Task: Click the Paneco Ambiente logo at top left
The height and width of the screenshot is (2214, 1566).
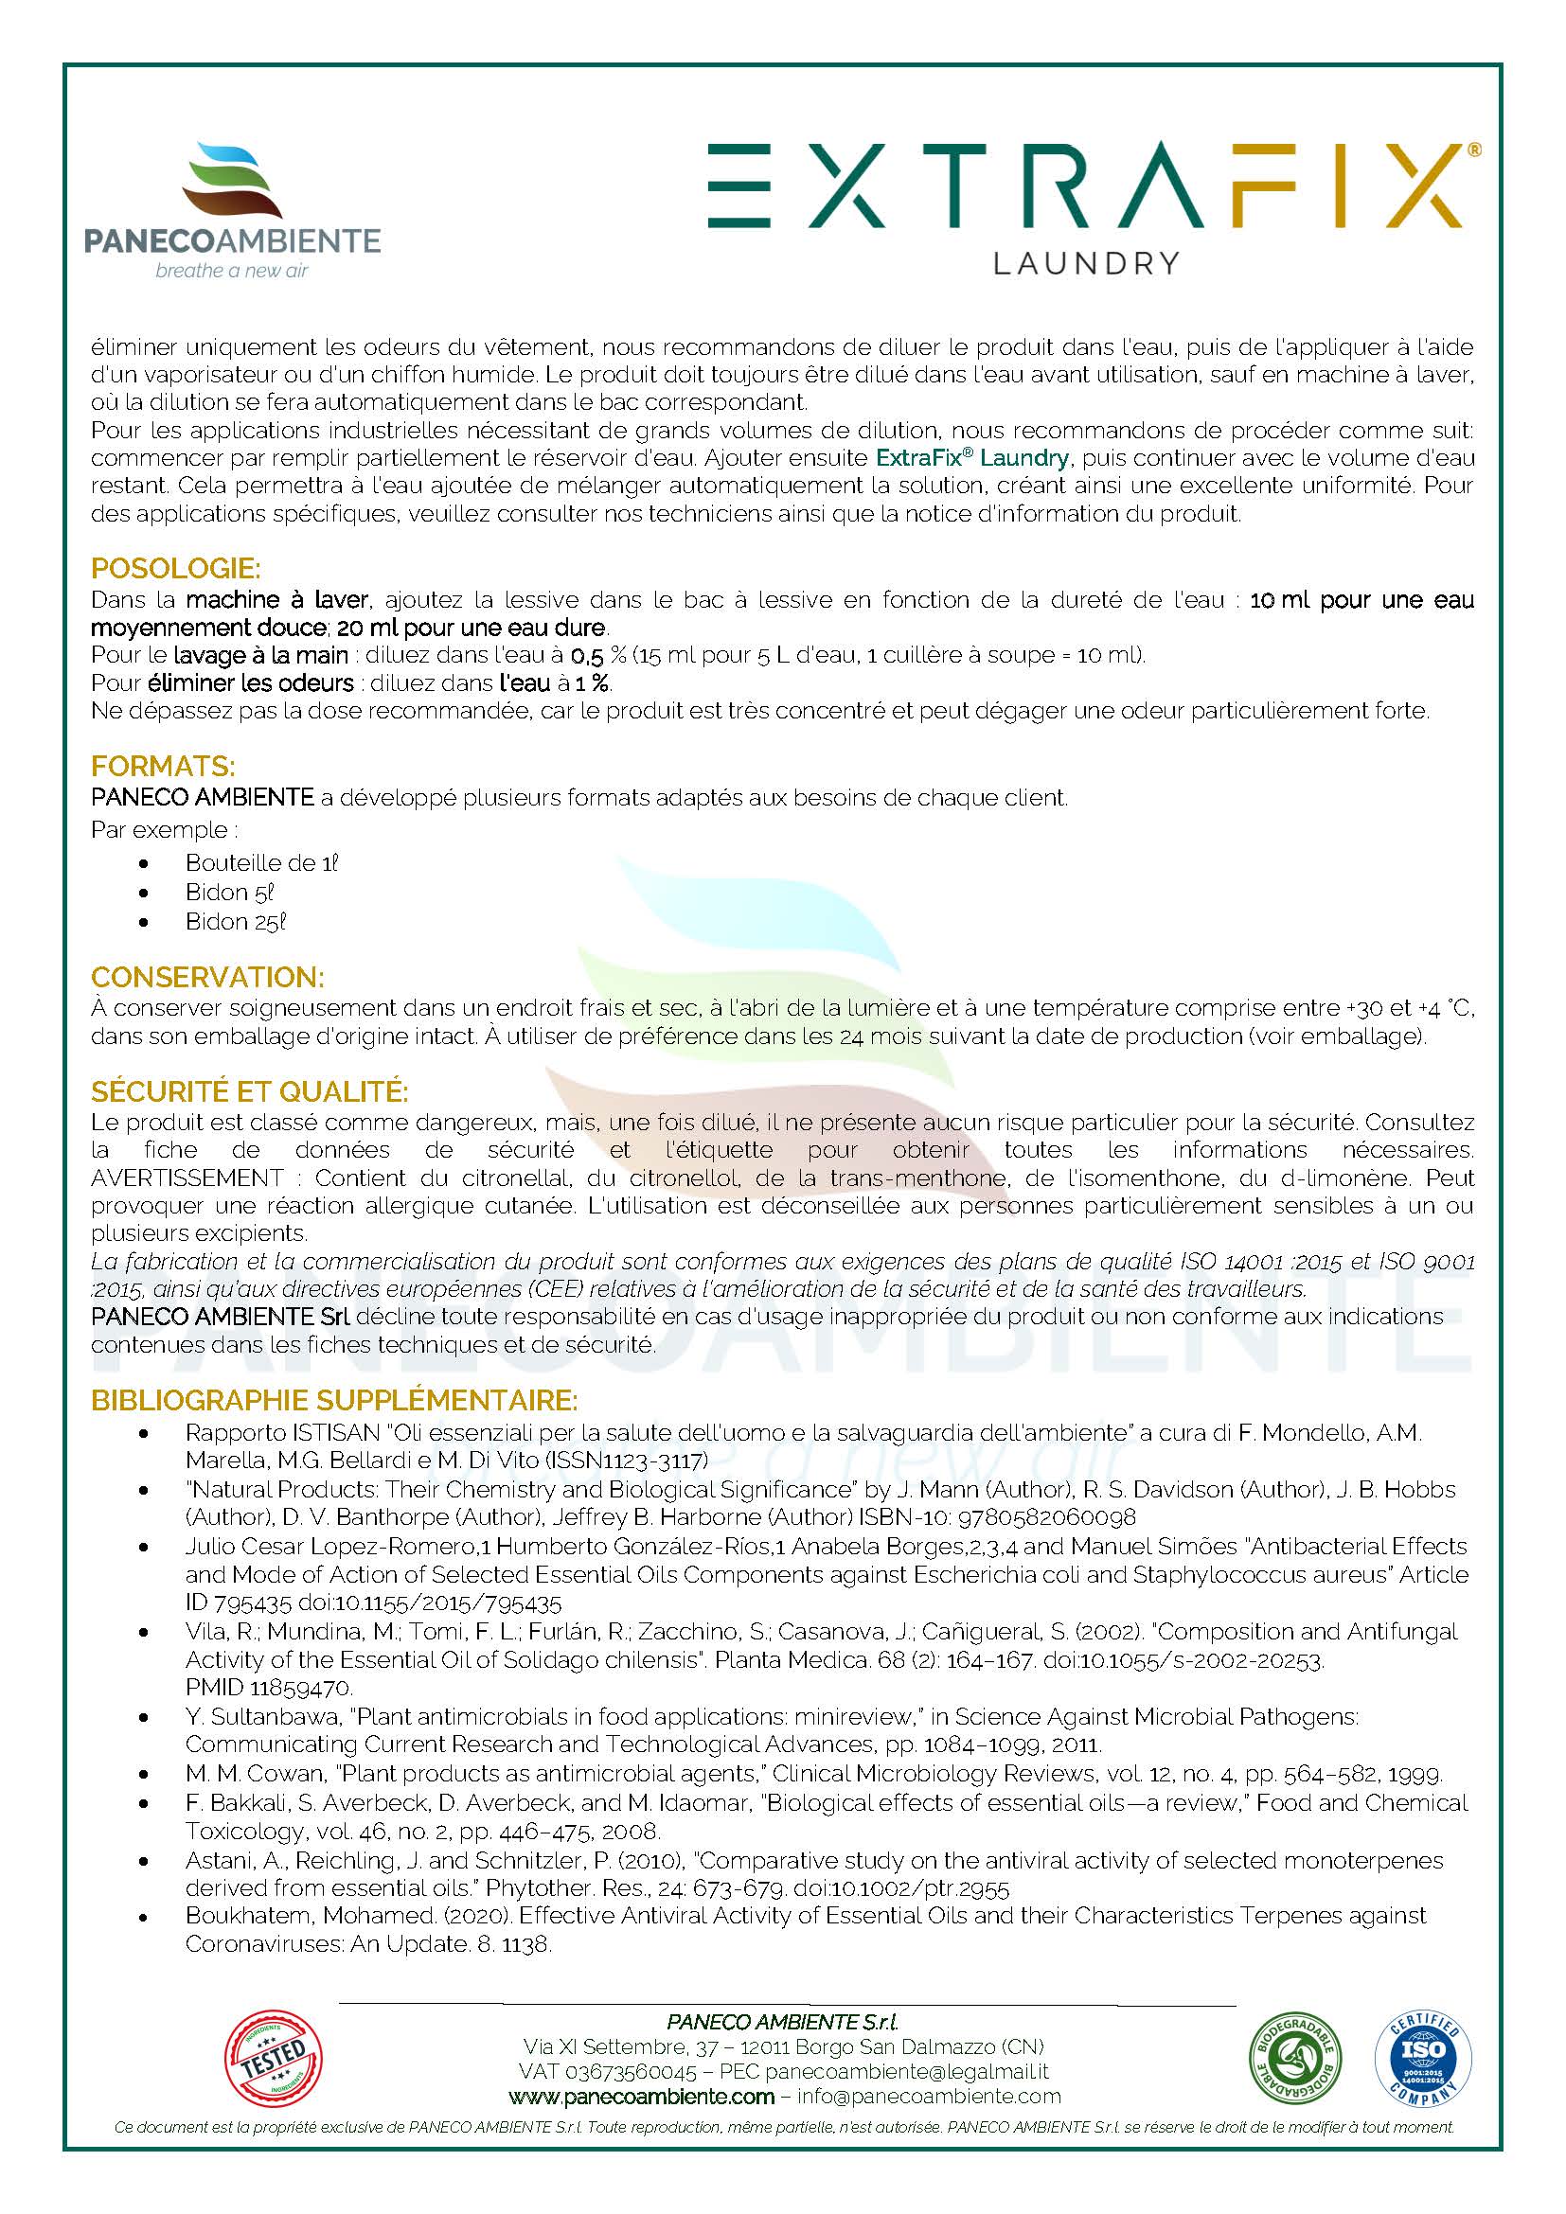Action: tap(232, 210)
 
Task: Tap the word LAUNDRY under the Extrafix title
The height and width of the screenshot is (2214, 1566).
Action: tap(1086, 263)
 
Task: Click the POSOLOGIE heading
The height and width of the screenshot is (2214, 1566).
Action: tap(175, 568)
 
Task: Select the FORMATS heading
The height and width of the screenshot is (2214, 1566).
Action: tap(163, 767)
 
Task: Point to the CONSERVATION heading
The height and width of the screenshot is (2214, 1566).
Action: tap(207, 977)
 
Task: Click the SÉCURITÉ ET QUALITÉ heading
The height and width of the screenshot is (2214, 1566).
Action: tap(250, 1091)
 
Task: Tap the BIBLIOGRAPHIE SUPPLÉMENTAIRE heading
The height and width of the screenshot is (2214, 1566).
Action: tap(333, 1400)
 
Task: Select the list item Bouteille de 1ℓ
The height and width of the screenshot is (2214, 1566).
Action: tap(261, 863)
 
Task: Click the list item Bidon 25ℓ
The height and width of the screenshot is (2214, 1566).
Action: tap(237, 922)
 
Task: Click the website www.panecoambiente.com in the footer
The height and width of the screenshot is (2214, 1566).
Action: tap(641, 2097)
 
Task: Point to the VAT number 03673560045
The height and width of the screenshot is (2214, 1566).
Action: tap(631, 2071)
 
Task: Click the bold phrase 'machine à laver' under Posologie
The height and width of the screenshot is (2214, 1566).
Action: tap(276, 600)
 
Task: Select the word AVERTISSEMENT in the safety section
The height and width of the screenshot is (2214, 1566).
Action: tap(187, 1178)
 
